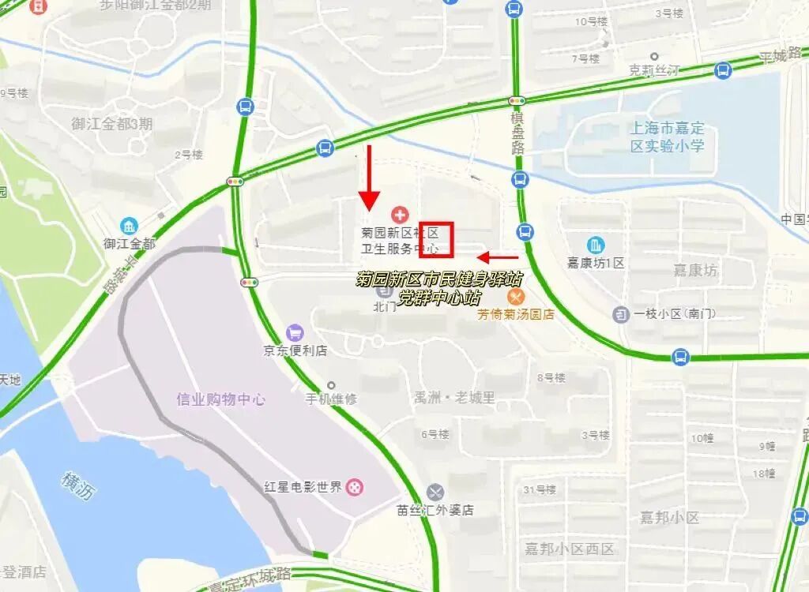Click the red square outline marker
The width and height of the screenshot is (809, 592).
[435, 239]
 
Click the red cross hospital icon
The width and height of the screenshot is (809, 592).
[400, 215]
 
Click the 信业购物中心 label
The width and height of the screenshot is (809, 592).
[221, 399]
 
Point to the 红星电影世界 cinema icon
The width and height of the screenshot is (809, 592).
[356, 487]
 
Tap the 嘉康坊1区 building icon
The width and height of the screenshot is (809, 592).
[596, 245]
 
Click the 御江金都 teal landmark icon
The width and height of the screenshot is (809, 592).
[129, 227]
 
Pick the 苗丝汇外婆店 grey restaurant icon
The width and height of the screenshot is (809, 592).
[435, 493]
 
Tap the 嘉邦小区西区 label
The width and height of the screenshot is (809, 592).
[570, 549]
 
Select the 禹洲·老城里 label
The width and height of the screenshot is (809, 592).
[455, 398]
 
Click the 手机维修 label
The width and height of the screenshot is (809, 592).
[332, 399]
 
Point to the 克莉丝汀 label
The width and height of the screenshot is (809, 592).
[654, 70]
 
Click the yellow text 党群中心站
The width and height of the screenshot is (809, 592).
[439, 298]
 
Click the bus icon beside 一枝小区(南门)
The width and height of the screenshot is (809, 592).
[621, 314]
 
